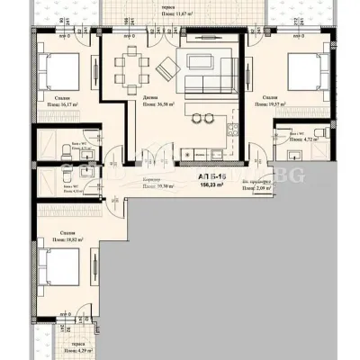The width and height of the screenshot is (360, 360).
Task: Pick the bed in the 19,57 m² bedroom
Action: click(x=301, y=68)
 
